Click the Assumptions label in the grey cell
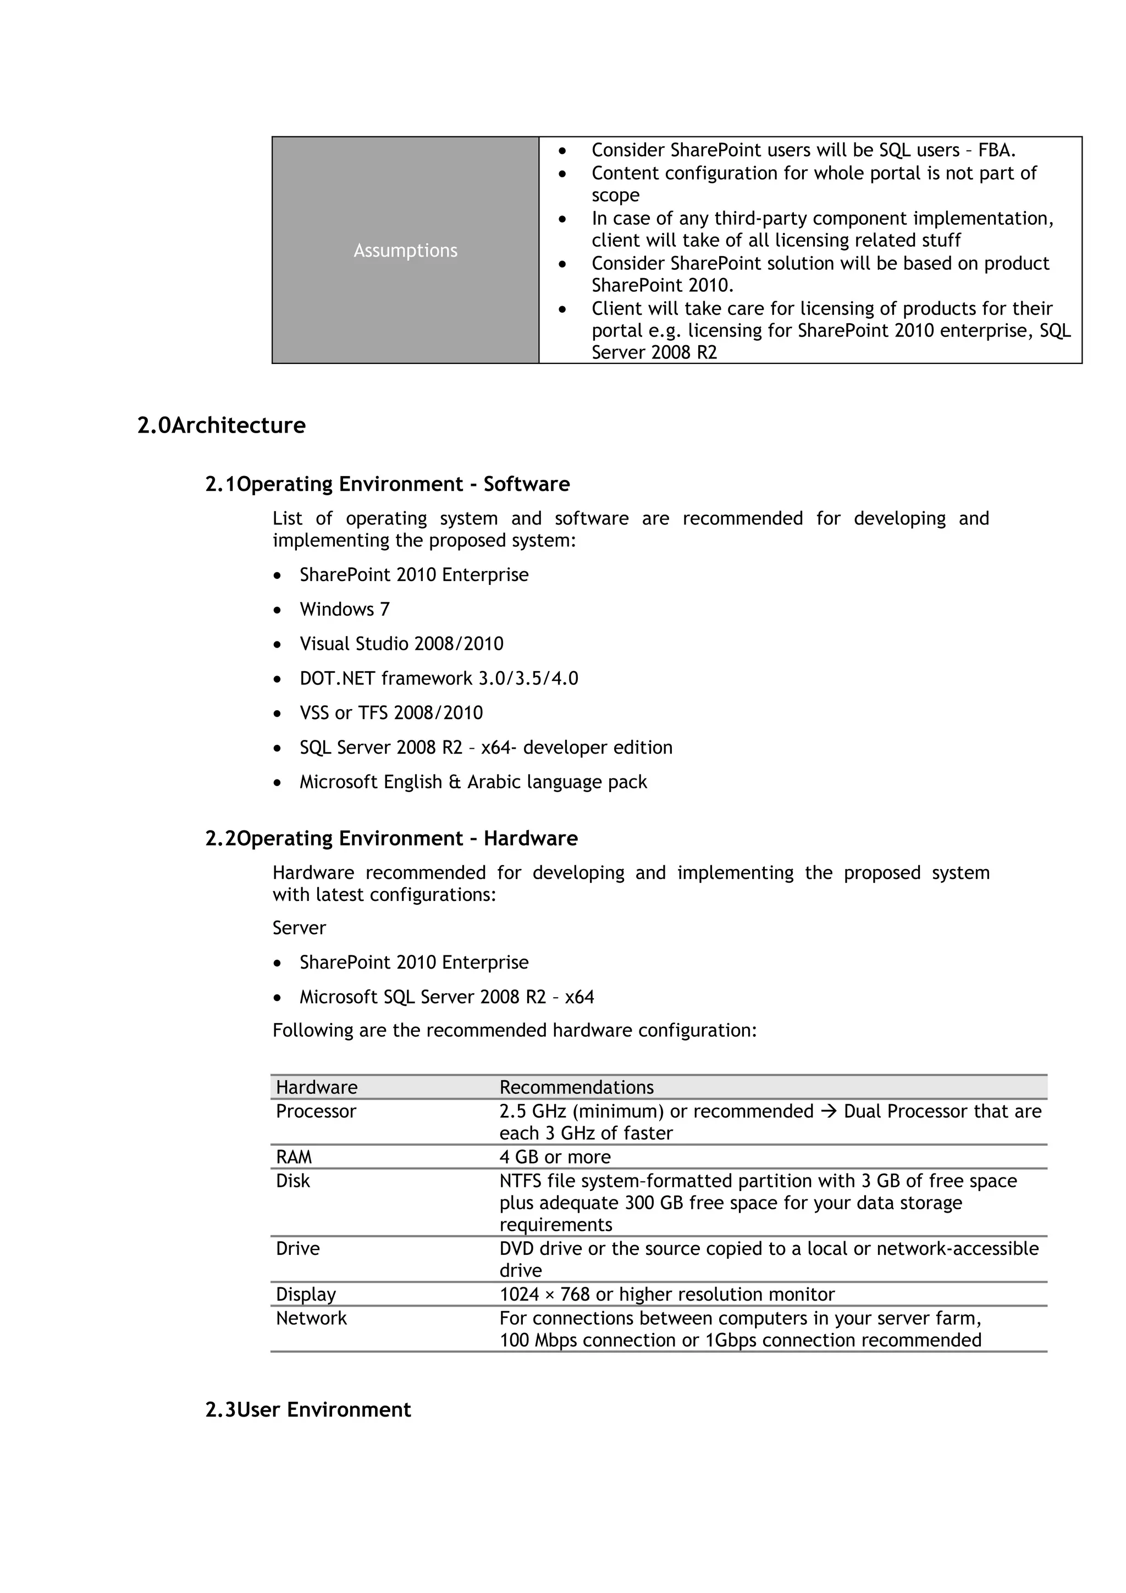pos(405,251)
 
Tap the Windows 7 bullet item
pos(344,609)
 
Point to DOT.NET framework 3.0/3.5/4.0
pos(438,678)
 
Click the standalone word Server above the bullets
pos(299,928)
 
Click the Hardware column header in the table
pos(316,1087)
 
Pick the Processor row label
pos(316,1111)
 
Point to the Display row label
pos(305,1294)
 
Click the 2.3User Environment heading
pos(308,1410)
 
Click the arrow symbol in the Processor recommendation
pos(829,1111)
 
